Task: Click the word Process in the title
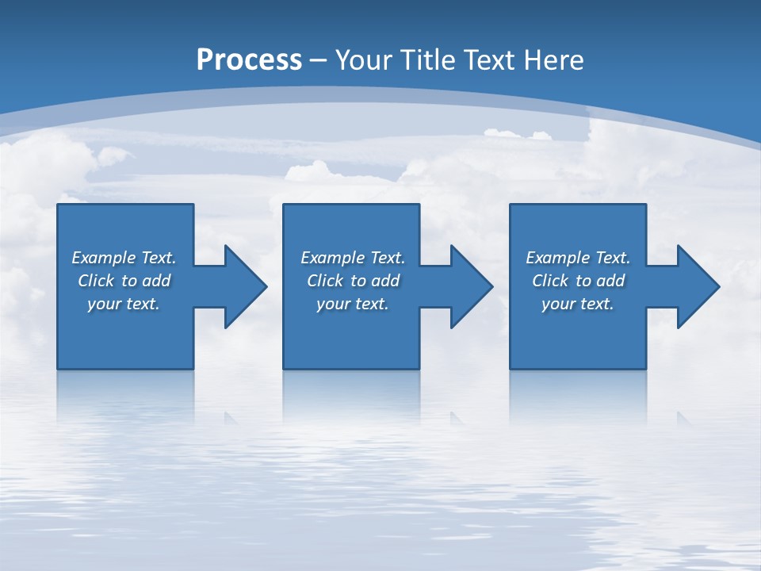249,60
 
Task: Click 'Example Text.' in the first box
124,258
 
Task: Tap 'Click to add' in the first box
124,281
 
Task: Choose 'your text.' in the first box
124,304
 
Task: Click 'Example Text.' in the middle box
353,258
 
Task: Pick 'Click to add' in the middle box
353,281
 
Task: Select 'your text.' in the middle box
353,304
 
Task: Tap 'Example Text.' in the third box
578,258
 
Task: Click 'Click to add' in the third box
578,281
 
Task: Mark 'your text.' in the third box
578,304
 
